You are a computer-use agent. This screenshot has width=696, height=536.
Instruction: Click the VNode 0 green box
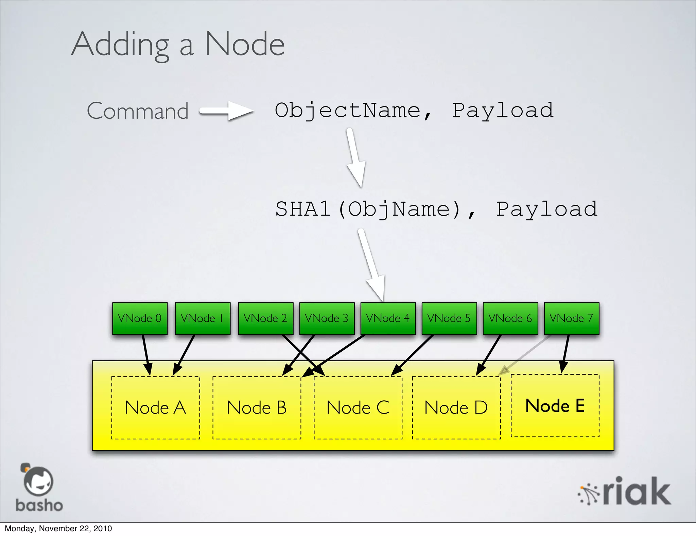140,318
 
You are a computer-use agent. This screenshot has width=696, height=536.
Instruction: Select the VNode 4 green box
388,318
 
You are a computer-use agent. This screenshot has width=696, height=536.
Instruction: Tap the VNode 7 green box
571,318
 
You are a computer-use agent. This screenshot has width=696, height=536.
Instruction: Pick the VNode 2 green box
265,318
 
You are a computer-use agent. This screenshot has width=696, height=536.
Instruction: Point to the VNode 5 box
449,318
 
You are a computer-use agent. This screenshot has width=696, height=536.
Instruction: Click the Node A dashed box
156,407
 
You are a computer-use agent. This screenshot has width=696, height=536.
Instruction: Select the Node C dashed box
358,407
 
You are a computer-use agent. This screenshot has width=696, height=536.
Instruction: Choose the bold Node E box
555,405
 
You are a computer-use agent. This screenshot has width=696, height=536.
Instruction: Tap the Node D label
456,407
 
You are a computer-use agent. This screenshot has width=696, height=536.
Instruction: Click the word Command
138,111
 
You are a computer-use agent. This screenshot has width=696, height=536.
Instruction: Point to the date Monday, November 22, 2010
58,529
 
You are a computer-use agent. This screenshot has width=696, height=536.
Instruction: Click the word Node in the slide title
245,44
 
